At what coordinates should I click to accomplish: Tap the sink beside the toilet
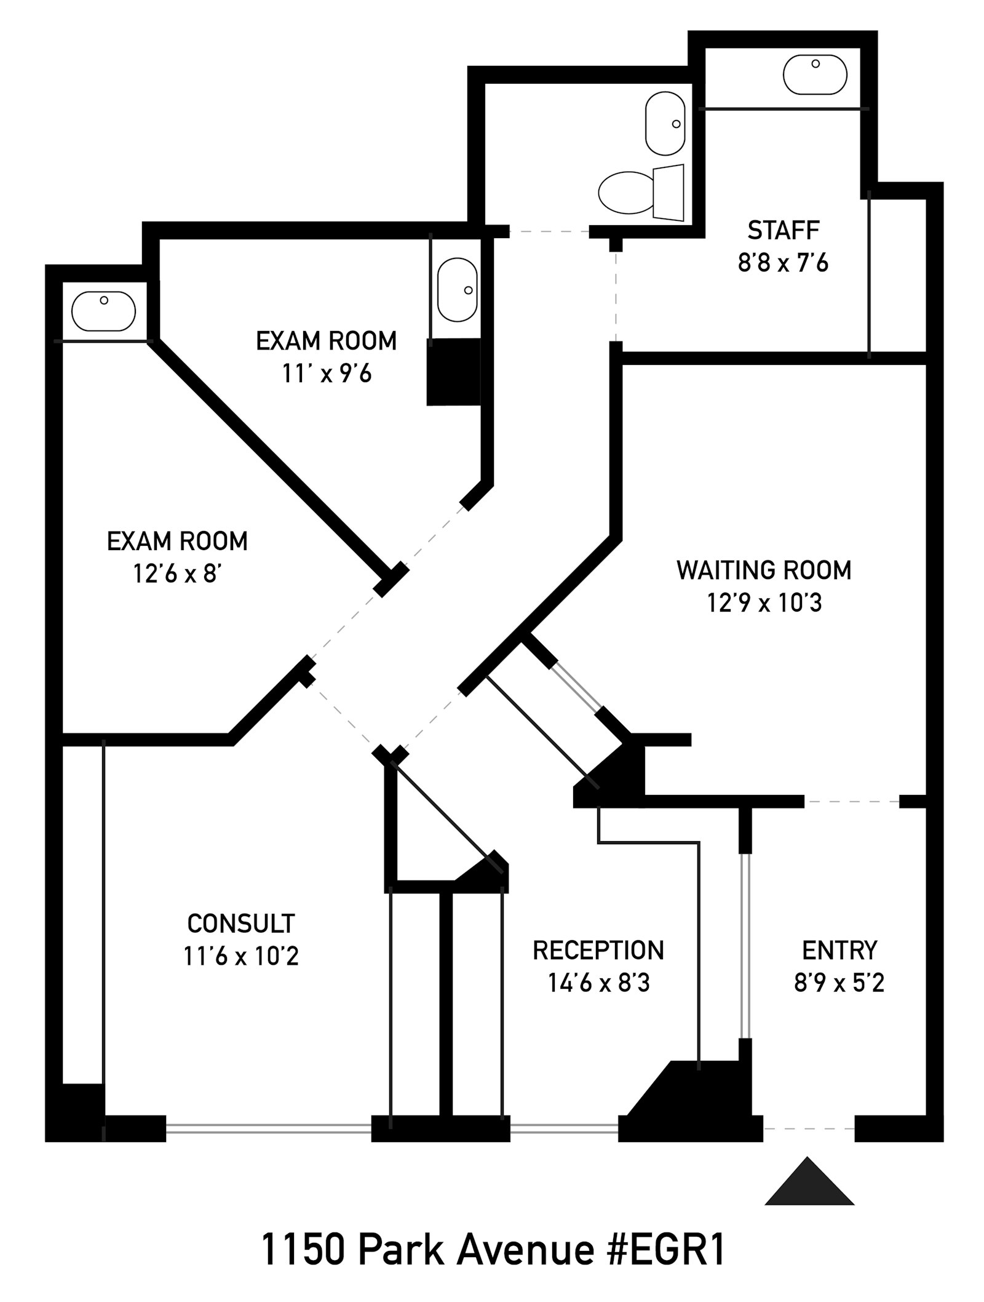coord(665,123)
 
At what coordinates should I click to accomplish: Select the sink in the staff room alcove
coord(815,74)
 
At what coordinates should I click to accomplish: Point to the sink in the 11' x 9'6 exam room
coord(457,289)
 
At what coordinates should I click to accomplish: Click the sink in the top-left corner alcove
coord(103,311)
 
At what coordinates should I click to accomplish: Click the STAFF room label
coord(784,231)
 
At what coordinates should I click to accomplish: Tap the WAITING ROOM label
coord(764,570)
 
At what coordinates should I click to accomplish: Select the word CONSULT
coord(241,924)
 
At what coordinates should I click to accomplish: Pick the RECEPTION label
coord(598,951)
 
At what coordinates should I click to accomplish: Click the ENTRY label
coord(839,951)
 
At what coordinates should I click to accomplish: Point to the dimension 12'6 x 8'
coord(177,574)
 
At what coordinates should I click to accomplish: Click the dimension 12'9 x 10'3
coord(764,604)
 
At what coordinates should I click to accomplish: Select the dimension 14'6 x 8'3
coord(598,983)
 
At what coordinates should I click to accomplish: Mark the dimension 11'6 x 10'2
coord(241,957)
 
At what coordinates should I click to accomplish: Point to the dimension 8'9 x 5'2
coord(839,983)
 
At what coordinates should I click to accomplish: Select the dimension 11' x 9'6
coord(327,373)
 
